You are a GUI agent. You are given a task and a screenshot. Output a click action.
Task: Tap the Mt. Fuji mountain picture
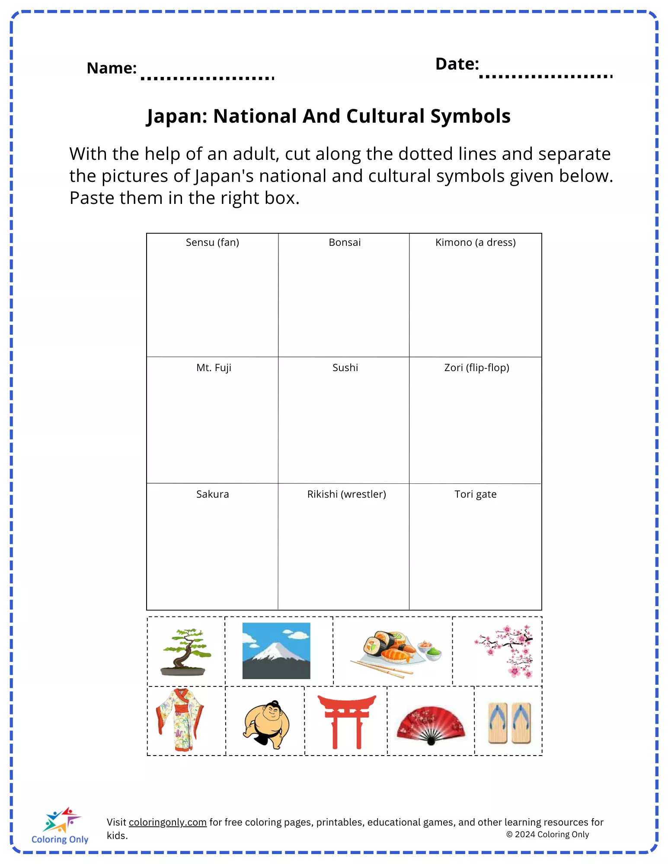276,651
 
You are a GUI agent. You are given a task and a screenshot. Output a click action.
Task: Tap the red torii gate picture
346,721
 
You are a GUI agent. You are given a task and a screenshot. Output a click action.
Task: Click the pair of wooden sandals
509,722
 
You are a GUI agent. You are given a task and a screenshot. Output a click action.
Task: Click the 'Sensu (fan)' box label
212,242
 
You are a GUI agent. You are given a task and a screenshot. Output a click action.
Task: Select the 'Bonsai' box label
345,242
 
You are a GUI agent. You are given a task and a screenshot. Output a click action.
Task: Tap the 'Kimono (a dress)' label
475,242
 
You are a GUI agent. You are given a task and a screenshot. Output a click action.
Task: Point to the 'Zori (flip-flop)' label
476,368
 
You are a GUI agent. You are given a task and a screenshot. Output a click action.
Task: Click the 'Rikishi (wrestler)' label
346,494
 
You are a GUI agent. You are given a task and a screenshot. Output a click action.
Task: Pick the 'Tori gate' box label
475,494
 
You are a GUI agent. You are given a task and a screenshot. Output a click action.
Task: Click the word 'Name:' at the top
112,68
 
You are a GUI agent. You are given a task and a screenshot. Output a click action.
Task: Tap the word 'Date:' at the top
457,64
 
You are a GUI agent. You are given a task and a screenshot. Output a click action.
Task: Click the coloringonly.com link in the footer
167,822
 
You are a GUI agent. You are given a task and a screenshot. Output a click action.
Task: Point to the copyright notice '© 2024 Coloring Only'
547,835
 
